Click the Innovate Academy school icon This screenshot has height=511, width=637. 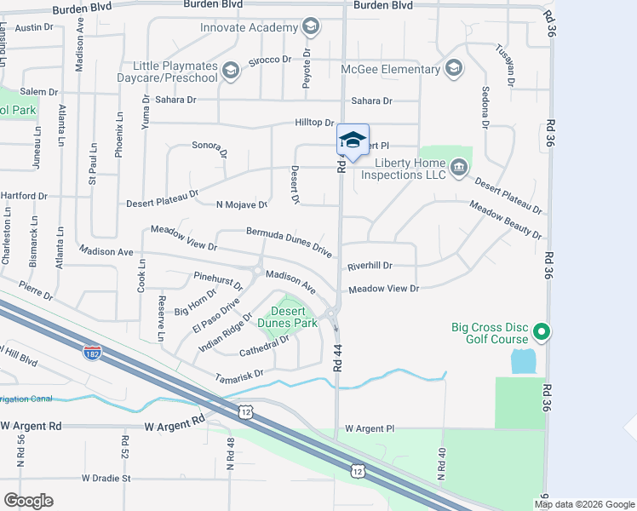point(311,28)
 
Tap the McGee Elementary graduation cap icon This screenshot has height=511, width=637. point(453,68)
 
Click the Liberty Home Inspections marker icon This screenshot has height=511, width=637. point(459,167)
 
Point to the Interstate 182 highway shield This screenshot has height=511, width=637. point(93,351)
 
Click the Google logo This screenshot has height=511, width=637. point(28,500)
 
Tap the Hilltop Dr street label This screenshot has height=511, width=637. point(314,123)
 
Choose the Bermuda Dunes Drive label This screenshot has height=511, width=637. point(289,243)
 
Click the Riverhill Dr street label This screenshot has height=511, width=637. point(369,266)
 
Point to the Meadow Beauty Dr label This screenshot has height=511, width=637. point(506,220)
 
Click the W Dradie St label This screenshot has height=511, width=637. point(106,478)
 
